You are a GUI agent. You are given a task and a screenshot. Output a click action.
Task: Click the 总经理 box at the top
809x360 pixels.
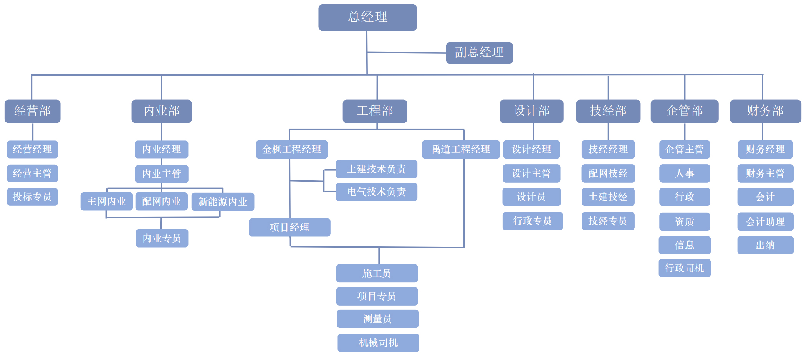367,17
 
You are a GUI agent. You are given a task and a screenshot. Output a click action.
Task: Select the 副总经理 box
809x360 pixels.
479,53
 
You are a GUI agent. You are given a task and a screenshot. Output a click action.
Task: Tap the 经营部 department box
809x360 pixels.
32,111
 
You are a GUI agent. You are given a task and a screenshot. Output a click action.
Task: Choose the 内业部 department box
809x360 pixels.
161,111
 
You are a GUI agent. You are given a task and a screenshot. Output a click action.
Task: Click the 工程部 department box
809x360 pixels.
375,111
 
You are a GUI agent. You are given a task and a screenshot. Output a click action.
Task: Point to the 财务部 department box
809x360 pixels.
765,111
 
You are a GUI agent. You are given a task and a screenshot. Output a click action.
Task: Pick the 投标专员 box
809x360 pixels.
32,197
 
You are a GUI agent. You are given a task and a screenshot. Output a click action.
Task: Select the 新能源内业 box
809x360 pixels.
223,202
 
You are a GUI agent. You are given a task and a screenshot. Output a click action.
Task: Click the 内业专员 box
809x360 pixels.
162,238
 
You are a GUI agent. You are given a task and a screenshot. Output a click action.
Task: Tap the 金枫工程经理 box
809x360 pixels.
291,149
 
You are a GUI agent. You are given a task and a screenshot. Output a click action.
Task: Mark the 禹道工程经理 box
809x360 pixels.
460,149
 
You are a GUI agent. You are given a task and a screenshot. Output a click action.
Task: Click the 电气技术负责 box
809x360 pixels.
376,192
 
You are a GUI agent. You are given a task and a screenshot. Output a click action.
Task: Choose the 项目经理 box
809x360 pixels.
289,228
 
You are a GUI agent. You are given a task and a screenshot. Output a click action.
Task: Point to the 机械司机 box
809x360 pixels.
378,343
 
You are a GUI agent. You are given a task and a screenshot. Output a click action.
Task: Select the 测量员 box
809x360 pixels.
377,319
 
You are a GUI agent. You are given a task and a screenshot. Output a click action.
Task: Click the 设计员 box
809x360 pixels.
531,197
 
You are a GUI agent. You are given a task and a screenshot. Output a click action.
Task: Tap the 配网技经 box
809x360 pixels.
608,173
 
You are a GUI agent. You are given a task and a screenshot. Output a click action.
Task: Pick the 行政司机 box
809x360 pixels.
684,268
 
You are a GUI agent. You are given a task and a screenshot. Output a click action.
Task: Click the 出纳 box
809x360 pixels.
765,245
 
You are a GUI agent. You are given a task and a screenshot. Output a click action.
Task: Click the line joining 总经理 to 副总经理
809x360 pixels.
407,53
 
